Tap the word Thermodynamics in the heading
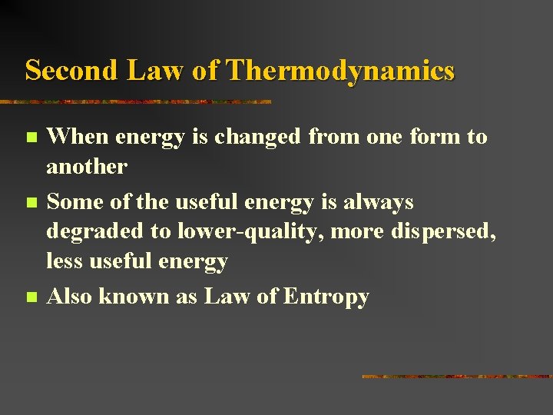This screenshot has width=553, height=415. pyautogui.click(x=341, y=71)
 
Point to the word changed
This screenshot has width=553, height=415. pyautogui.click(x=258, y=137)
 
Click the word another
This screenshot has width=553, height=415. pyautogui.click(x=87, y=166)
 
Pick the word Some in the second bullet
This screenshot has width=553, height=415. pyautogui.click(x=72, y=202)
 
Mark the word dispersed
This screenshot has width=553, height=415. pyautogui.click(x=445, y=231)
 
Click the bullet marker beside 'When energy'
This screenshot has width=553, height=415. pyautogui.click(x=30, y=138)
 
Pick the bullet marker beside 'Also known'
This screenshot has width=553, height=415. pyautogui.click(x=30, y=297)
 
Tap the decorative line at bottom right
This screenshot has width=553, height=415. pyautogui.click(x=456, y=377)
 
